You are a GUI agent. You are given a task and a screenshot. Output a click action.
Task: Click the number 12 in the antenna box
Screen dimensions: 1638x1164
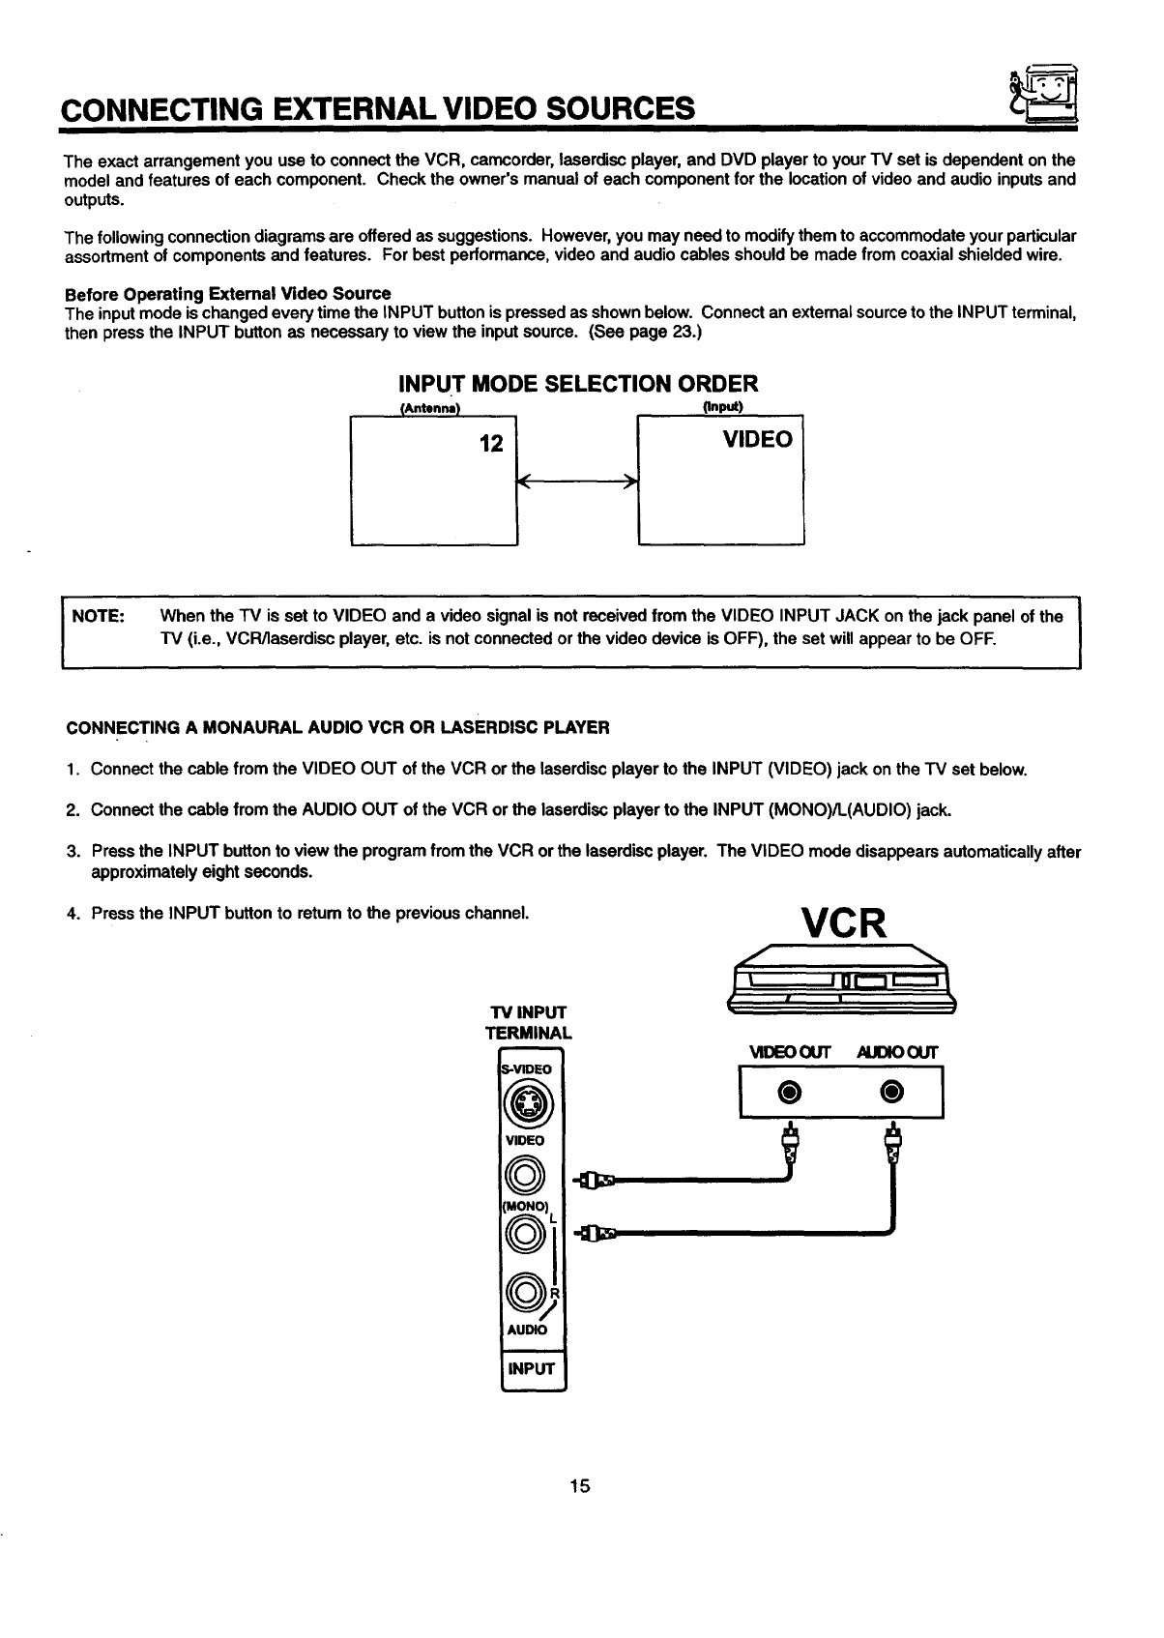click(x=491, y=444)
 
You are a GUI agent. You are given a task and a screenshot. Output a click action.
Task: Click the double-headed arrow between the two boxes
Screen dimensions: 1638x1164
click(x=577, y=481)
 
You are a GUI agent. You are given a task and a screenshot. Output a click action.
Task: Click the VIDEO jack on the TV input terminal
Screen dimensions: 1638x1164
click(x=526, y=1175)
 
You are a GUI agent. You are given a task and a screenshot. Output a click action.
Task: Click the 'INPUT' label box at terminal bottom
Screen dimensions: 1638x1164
click(x=532, y=1368)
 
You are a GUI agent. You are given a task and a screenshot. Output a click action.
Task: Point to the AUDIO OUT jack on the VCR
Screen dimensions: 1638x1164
click(x=892, y=1092)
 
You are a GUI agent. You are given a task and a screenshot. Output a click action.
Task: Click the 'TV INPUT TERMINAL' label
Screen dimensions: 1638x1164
click(x=528, y=1022)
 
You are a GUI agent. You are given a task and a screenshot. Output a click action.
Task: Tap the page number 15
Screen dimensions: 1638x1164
click(x=580, y=1486)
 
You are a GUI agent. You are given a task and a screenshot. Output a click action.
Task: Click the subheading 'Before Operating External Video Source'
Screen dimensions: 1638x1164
click(x=227, y=293)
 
